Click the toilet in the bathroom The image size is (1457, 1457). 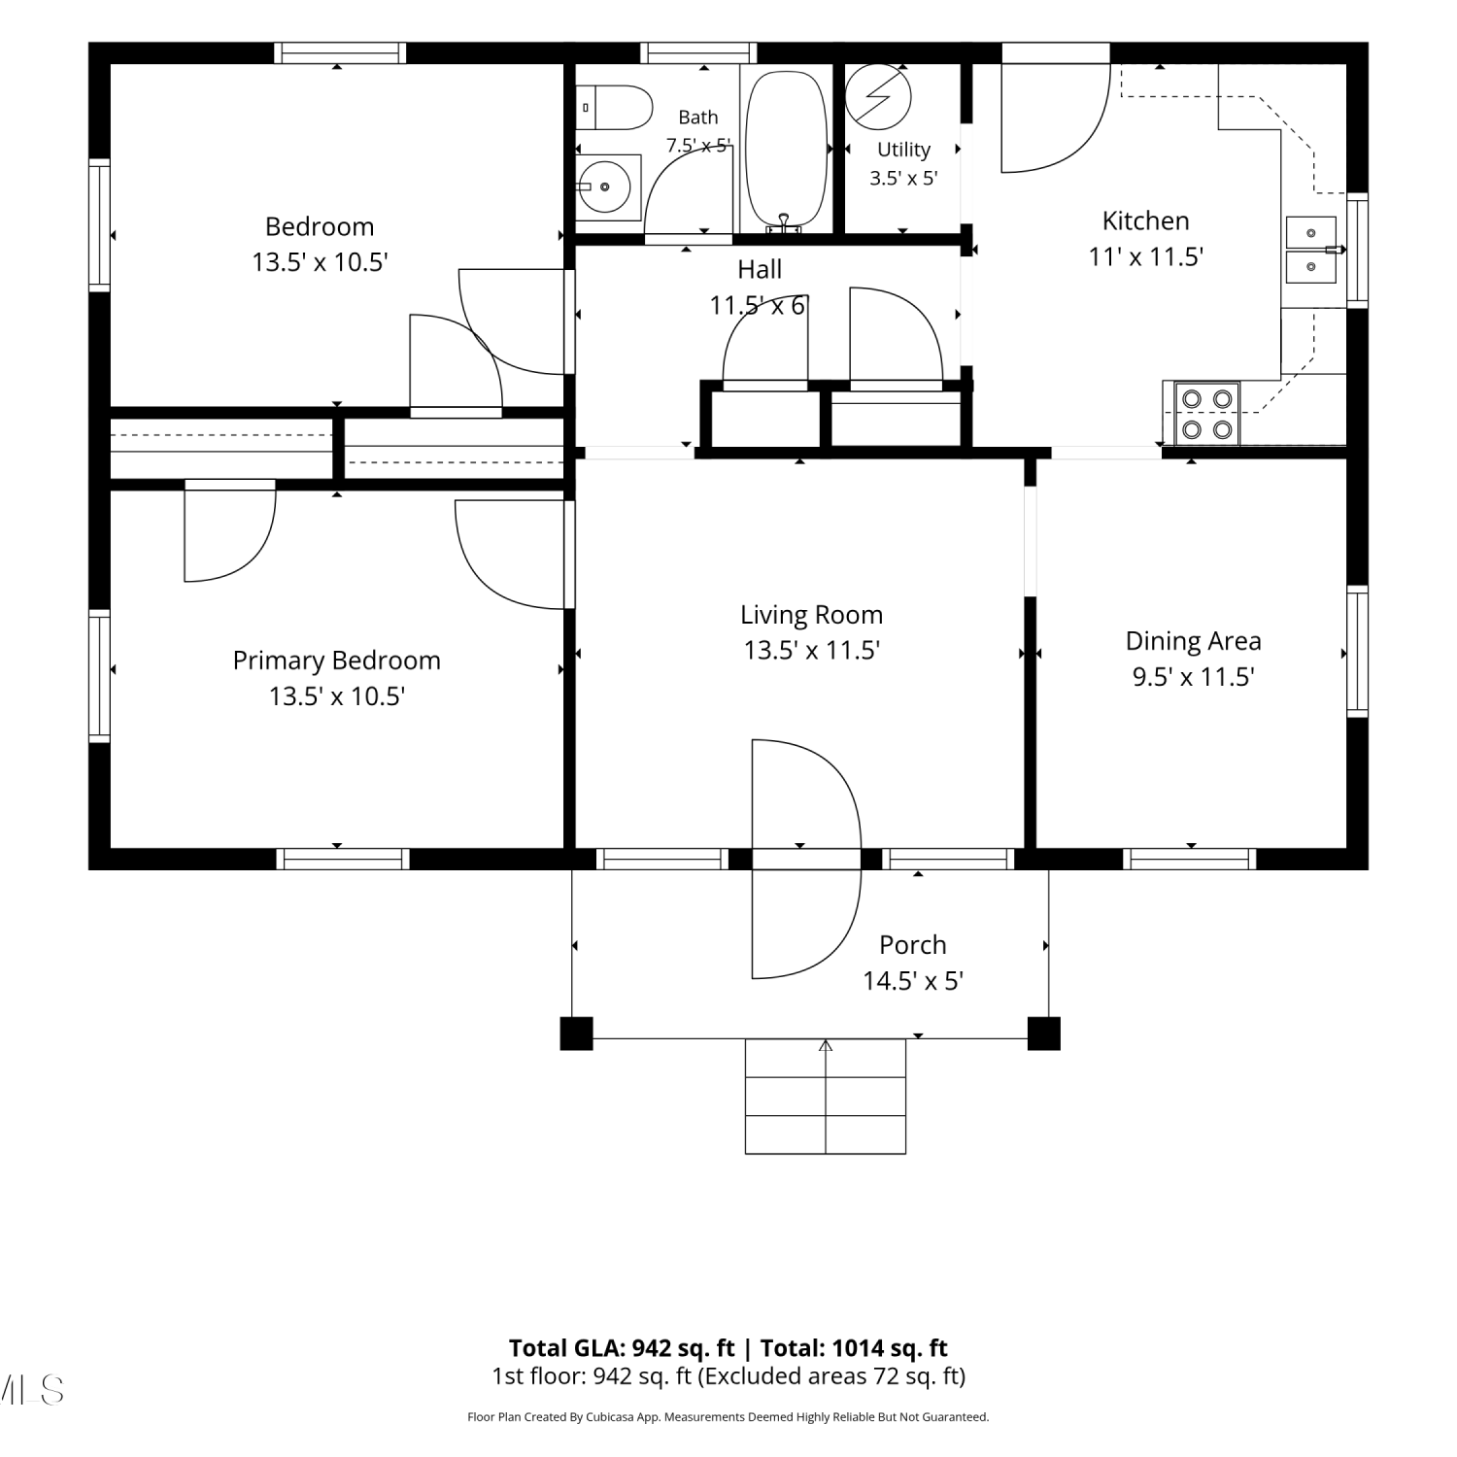614,108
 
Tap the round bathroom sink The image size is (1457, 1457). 608,185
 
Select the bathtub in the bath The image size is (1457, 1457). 786,151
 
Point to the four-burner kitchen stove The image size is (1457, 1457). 1207,414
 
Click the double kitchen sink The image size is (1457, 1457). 1311,250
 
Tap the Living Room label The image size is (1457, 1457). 811,615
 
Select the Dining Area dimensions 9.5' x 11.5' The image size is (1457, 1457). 1193,677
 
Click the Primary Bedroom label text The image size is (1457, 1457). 336,661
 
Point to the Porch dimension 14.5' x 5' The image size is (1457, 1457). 912,981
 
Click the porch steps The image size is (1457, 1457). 826,1097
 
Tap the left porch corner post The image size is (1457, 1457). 576,1033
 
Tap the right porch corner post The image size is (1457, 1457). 1043,1033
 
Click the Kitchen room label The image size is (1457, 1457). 1145,221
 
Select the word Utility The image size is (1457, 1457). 903,150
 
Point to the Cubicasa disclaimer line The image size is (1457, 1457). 728,1417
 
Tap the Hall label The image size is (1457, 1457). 760,269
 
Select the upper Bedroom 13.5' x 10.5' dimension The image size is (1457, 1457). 321,262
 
